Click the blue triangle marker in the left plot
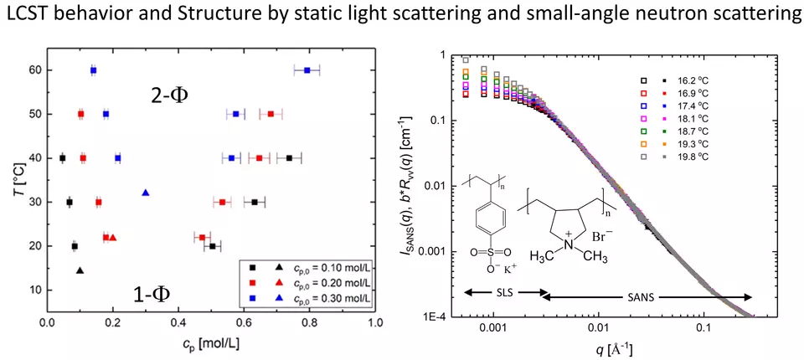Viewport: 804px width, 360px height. [145, 193]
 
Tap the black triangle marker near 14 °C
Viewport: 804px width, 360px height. [80, 270]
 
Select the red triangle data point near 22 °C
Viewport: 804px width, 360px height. [113, 238]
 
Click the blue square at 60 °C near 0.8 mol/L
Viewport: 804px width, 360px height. [307, 70]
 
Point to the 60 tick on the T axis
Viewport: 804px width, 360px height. [35, 70]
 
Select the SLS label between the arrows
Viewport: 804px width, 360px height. [505, 292]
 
